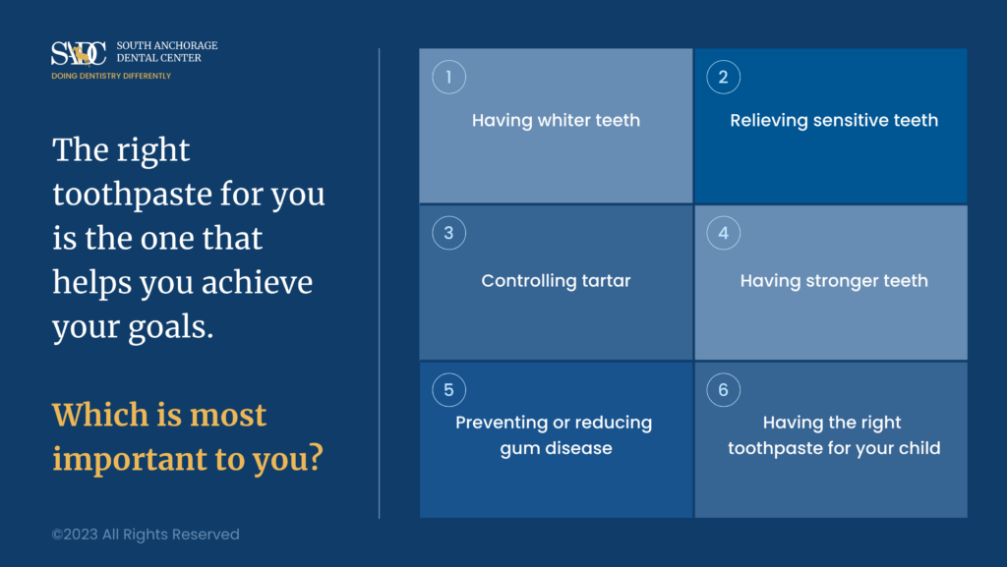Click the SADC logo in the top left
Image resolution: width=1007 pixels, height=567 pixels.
(x=80, y=53)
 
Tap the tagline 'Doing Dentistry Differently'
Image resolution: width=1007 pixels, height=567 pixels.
(x=111, y=76)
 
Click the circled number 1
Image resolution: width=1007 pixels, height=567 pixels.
(x=448, y=77)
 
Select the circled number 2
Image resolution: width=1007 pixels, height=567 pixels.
(x=723, y=77)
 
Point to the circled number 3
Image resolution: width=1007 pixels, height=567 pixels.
(x=448, y=233)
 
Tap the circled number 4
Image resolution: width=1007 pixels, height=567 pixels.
(x=723, y=233)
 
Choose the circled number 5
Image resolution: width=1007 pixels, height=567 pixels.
(x=448, y=390)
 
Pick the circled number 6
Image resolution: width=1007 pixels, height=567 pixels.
(x=723, y=390)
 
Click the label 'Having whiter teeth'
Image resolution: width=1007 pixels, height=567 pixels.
(x=556, y=121)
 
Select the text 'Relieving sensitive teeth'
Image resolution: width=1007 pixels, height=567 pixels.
(x=833, y=121)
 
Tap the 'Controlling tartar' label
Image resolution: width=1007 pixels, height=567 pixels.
(x=556, y=281)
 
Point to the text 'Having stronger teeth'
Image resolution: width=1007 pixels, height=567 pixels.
(x=833, y=281)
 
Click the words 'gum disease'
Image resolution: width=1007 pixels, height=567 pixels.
(x=555, y=448)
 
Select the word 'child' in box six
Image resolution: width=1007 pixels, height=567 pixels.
(x=918, y=448)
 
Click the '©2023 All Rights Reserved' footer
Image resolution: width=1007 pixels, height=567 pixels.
(x=146, y=535)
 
